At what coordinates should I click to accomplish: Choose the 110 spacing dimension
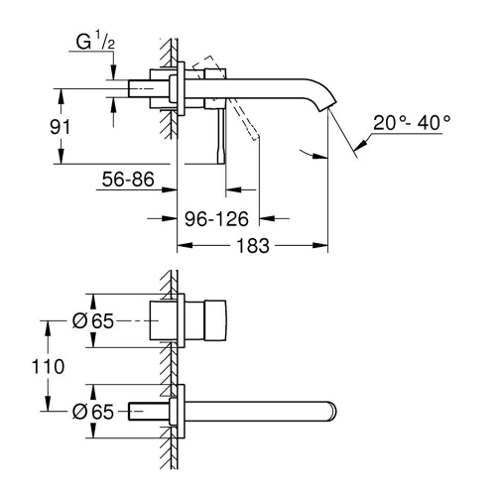coord(27,367)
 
